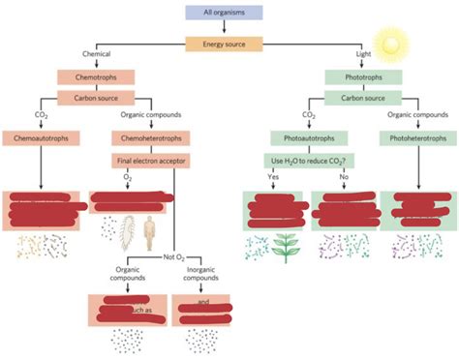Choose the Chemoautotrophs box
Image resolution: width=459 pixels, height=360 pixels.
coord(42,138)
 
